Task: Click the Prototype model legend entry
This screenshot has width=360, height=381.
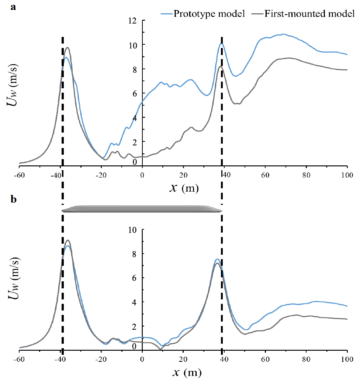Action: coord(202,14)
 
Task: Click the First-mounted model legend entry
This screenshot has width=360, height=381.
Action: coord(304,14)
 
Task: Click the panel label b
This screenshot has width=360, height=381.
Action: coord(13,199)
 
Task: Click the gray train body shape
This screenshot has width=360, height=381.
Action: coord(142,209)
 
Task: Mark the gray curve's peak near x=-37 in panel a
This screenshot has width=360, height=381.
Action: coord(67,48)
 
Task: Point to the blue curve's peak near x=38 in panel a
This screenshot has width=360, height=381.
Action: coord(221,44)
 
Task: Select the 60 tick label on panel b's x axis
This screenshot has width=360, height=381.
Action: coord(265,358)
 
